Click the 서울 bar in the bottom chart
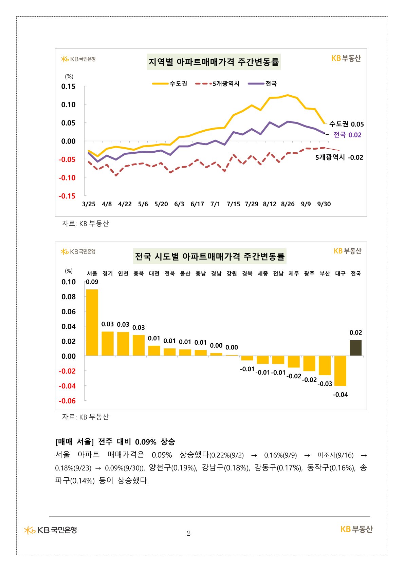point(92,322)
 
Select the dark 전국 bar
point(355,348)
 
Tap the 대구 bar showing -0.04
point(340,371)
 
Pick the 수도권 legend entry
point(170,83)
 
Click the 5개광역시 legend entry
point(218,83)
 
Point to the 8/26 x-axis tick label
point(288,204)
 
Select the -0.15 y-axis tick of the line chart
point(67,196)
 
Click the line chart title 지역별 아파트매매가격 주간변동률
point(214,62)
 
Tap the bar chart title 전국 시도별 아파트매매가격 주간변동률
point(210,256)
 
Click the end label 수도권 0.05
point(346,124)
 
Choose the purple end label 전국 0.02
point(347,135)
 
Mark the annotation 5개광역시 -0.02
point(339,157)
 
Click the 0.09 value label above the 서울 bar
point(92,282)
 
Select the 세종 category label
point(263,273)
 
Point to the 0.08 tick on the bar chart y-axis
point(69,297)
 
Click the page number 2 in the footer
point(189,533)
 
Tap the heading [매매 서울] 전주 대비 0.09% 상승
point(115,442)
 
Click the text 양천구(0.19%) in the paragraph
point(173,468)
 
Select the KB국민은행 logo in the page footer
point(51,530)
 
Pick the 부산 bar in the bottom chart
point(325,365)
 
